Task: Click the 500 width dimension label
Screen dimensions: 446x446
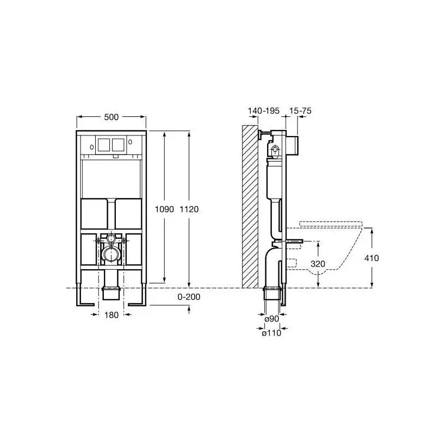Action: click(111, 117)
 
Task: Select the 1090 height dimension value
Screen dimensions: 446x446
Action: click(164, 209)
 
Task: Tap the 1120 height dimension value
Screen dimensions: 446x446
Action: click(189, 209)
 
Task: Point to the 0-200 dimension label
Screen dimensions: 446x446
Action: click(189, 297)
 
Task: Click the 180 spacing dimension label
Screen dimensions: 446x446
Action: click(111, 315)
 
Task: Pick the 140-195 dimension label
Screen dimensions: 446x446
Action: click(264, 110)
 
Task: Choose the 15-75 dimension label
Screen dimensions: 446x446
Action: click(300, 110)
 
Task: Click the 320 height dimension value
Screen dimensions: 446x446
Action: click(318, 264)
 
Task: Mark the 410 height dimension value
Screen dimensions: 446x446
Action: click(371, 258)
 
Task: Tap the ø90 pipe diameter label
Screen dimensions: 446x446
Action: click(271, 319)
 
